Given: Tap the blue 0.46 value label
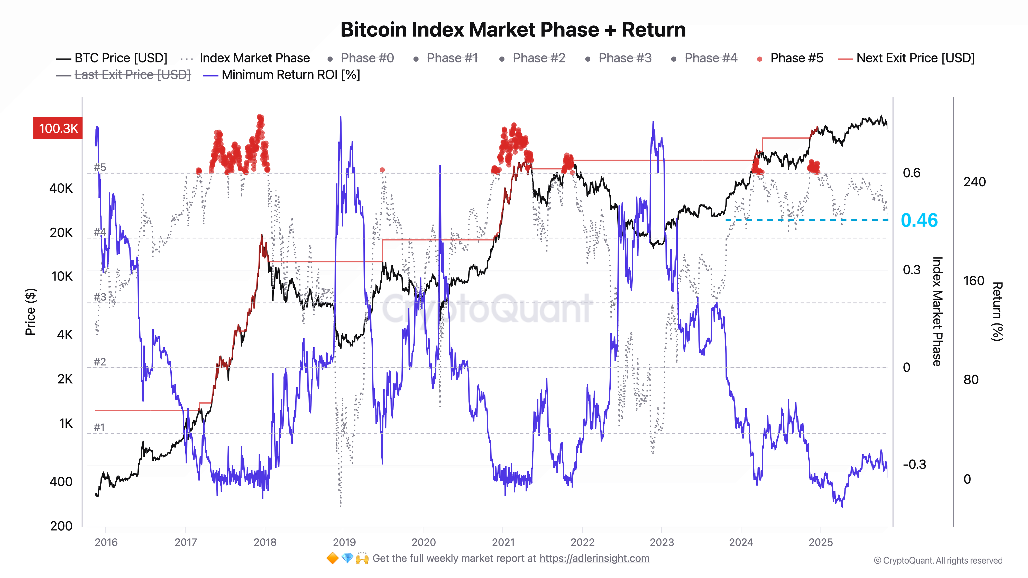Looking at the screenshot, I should click(919, 220).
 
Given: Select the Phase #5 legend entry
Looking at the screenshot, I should click(796, 58).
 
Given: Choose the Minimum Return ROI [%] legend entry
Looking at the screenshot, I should click(290, 75).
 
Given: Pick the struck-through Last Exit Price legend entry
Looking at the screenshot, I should click(133, 75).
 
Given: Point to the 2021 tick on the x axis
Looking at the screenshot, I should click(503, 542).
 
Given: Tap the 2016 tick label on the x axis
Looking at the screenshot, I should click(106, 542).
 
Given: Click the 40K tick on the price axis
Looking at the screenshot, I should click(61, 188).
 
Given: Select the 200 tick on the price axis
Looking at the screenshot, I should click(61, 526).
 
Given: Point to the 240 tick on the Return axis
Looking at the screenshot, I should click(974, 182).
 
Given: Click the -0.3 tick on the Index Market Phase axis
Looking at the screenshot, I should click(914, 464).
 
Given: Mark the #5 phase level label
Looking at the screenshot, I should click(100, 167).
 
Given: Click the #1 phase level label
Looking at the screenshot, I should click(99, 427).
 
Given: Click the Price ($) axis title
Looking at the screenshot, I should click(30, 312).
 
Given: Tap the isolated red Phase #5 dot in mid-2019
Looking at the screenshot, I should click(382, 170).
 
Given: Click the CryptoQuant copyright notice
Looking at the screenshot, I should click(938, 561).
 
